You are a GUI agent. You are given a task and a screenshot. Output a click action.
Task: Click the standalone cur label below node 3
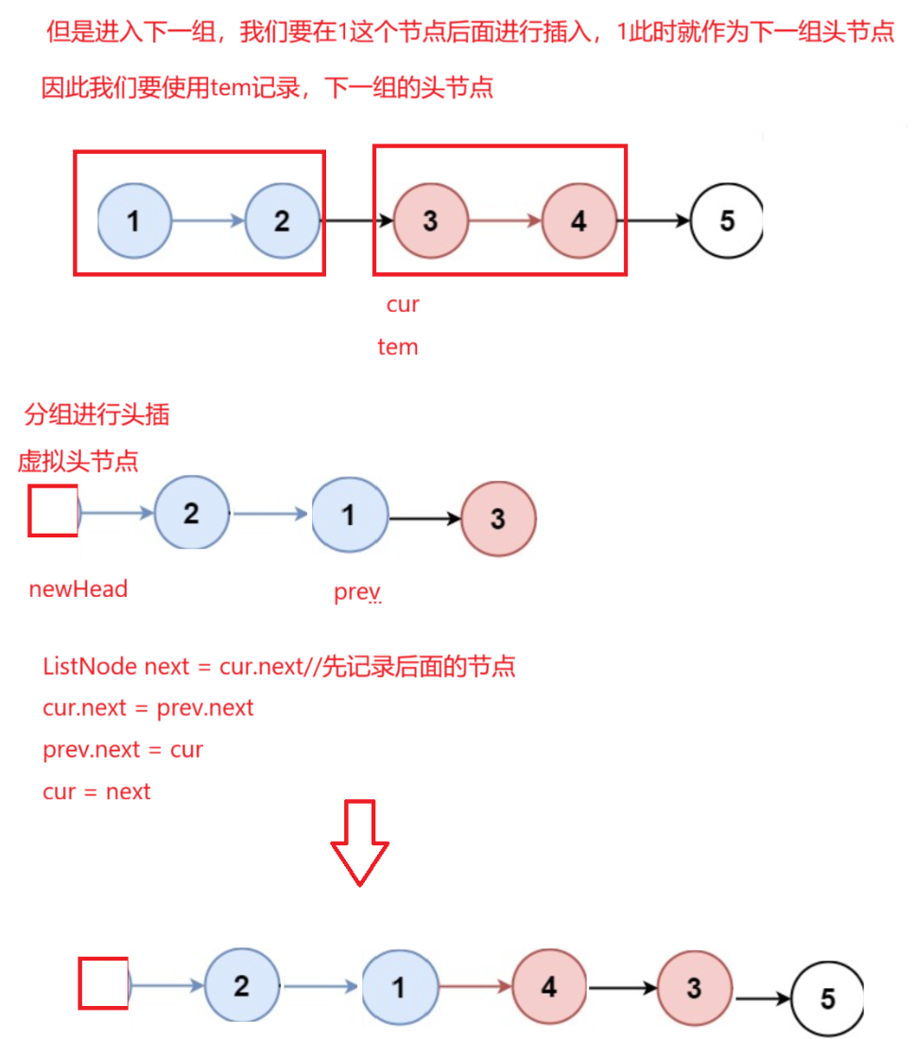402,304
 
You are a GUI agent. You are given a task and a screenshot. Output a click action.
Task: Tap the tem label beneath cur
397,347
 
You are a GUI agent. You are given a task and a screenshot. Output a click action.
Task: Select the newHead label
78,589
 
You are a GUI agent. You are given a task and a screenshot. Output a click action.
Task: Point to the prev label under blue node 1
356,592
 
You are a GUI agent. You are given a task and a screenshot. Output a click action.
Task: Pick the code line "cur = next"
96,792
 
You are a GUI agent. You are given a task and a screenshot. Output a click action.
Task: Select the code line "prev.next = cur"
123,750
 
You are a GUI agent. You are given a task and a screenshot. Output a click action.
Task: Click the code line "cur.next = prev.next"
148,707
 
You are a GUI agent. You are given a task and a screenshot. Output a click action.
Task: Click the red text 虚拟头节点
78,461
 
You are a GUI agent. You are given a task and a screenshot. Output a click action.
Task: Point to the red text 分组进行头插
97,415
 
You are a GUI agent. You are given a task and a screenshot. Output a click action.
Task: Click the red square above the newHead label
53,511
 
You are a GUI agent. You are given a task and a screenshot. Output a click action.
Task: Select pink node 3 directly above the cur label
430,221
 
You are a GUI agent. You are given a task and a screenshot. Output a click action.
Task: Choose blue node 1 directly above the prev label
349,516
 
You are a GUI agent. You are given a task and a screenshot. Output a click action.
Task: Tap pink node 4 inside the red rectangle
578,221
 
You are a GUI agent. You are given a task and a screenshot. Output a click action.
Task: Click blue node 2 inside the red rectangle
282,221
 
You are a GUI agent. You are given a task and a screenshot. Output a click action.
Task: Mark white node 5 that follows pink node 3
827,998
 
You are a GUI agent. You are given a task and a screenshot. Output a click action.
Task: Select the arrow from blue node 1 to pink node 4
475,988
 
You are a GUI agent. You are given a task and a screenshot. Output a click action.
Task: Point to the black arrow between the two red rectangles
357,221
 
